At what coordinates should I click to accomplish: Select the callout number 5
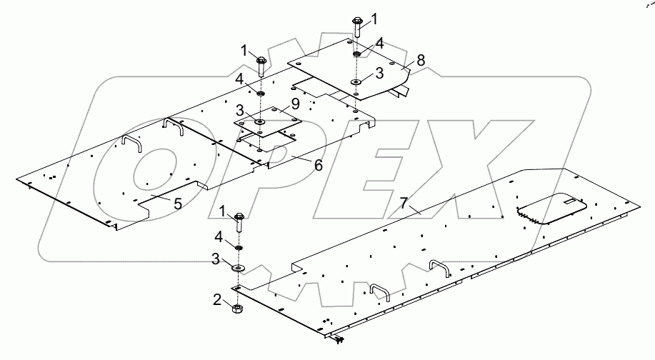tap(177, 204)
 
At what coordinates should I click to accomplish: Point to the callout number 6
tap(318, 164)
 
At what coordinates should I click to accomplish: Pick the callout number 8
tap(421, 60)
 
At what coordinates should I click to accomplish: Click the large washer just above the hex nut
tap(237, 268)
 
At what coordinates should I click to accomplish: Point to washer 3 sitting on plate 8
tap(355, 82)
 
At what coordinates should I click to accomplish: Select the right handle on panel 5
tap(174, 126)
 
